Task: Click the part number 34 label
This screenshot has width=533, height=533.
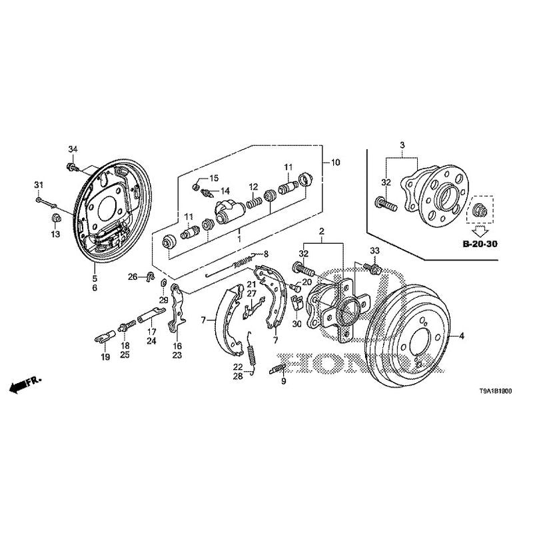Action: (x=73, y=147)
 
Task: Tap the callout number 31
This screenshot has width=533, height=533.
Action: (x=39, y=185)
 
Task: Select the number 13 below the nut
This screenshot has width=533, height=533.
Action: (x=56, y=234)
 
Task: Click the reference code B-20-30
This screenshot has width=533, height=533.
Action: (x=480, y=244)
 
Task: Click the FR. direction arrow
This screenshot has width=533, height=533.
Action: (x=25, y=384)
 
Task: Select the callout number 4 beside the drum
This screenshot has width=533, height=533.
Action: (x=460, y=336)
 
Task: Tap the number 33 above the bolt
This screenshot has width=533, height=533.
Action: (x=374, y=250)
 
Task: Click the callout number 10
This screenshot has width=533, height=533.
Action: (x=335, y=162)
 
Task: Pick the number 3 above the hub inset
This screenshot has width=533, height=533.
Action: (x=402, y=145)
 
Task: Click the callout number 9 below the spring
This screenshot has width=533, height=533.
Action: (x=283, y=381)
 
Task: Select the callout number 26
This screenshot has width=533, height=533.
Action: (x=133, y=276)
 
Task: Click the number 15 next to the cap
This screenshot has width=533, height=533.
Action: (x=215, y=178)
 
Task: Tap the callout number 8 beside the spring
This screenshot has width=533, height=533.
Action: (x=266, y=254)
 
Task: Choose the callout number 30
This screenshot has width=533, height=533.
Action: (x=297, y=324)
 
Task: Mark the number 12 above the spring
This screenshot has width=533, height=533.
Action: (x=254, y=186)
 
